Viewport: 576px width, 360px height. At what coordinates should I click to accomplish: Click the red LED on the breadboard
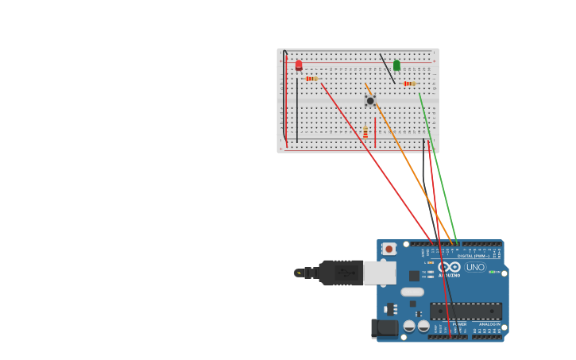click(x=299, y=65)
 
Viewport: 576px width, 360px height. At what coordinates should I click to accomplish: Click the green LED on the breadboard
click(x=396, y=65)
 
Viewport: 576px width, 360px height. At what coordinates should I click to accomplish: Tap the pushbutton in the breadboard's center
click(x=370, y=101)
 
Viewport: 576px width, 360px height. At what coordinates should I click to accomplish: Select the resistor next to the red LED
click(x=311, y=79)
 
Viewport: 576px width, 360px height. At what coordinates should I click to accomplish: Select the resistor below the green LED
click(x=409, y=83)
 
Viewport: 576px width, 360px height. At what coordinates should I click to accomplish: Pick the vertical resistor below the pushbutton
click(x=365, y=132)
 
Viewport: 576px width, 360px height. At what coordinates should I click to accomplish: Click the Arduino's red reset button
click(x=389, y=249)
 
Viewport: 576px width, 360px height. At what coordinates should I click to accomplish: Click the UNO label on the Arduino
click(x=475, y=267)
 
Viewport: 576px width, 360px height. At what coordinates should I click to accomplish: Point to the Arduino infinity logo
click(x=450, y=267)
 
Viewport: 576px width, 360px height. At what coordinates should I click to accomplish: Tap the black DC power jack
click(x=385, y=327)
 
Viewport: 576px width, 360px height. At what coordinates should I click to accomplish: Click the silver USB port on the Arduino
click(x=380, y=273)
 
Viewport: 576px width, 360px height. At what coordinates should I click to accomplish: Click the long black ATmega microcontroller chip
click(x=466, y=311)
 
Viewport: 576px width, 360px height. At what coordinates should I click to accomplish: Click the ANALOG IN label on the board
click(x=489, y=324)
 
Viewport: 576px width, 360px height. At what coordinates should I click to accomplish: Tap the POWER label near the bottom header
click(x=459, y=324)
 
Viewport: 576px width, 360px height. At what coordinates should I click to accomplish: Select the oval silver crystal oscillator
click(x=412, y=292)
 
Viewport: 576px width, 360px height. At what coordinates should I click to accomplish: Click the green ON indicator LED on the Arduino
click(x=493, y=273)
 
